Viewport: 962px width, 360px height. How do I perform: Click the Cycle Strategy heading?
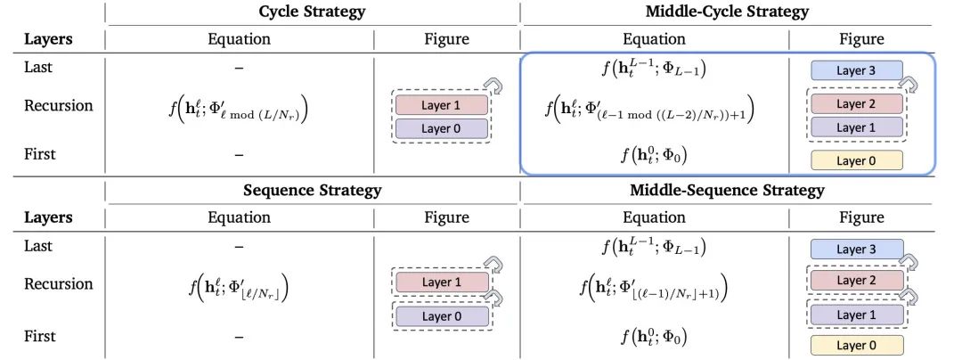point(312,12)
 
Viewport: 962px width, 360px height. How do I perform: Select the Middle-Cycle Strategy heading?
point(726,12)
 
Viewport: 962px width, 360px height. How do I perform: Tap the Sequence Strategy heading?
point(312,190)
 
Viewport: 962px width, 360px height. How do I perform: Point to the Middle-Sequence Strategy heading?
point(727,190)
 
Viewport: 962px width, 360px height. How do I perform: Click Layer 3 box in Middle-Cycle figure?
point(857,70)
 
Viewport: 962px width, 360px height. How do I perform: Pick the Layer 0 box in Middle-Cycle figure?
point(857,160)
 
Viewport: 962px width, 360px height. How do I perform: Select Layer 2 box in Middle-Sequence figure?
point(857,281)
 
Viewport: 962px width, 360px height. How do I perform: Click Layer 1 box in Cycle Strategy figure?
point(442,105)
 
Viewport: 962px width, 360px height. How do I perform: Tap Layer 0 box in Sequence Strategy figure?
point(442,315)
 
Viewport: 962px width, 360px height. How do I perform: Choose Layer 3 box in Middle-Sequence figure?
point(857,249)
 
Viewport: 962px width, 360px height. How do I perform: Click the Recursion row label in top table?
point(58,106)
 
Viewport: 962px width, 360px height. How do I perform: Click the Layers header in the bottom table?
point(47,217)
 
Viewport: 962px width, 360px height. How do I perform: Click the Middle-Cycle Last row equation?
point(655,69)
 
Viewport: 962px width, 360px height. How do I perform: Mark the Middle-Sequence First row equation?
point(655,337)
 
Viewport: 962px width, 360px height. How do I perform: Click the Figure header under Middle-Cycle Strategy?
point(860,39)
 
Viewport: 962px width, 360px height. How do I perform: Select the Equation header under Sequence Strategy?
point(239,217)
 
